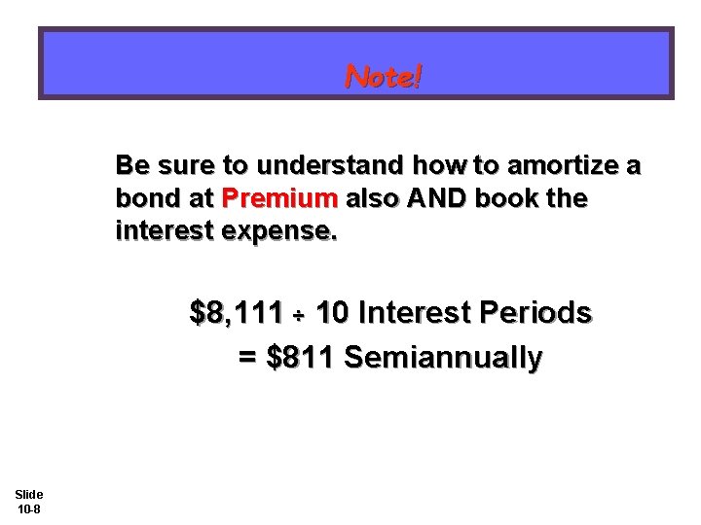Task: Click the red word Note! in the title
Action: pyautogui.click(x=384, y=76)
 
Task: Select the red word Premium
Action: pyautogui.click(x=279, y=199)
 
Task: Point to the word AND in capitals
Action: pyautogui.click(x=434, y=199)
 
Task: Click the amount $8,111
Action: pyautogui.click(x=231, y=313)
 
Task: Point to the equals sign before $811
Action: pyautogui.click(x=248, y=358)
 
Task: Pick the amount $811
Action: pyautogui.click(x=301, y=358)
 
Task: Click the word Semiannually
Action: pyautogui.click(x=443, y=358)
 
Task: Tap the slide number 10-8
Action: pyautogui.click(x=27, y=509)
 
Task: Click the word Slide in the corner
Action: pyautogui.click(x=27, y=495)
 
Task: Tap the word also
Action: pyautogui.click(x=370, y=199)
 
